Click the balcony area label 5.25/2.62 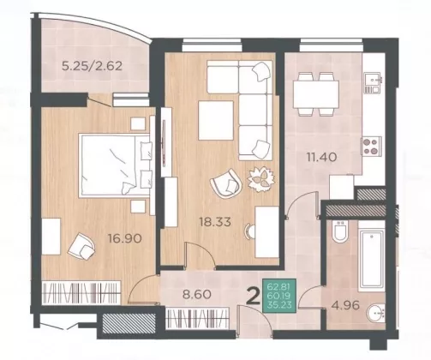pyautogui.click(x=93, y=66)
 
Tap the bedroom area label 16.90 pyautogui.click(x=125, y=238)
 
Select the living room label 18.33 pyautogui.click(x=215, y=222)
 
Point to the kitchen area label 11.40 pyautogui.click(x=321, y=157)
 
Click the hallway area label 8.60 pyautogui.click(x=197, y=294)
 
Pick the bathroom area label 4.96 pyautogui.click(x=345, y=305)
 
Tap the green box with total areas pyautogui.click(x=279, y=296)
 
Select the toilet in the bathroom pyautogui.click(x=340, y=231)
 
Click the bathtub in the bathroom pyautogui.click(x=371, y=260)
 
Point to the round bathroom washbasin pyautogui.click(x=376, y=314)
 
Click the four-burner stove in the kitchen pyautogui.click(x=372, y=146)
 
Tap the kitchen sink pyautogui.click(x=373, y=82)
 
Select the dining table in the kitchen pyautogui.click(x=316, y=93)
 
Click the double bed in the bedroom pyautogui.click(x=115, y=165)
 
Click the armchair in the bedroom pyautogui.click(x=81, y=246)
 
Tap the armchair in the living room pyautogui.click(x=226, y=183)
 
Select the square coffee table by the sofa pyautogui.click(x=216, y=120)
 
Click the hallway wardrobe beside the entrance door pyautogui.click(x=197, y=318)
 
